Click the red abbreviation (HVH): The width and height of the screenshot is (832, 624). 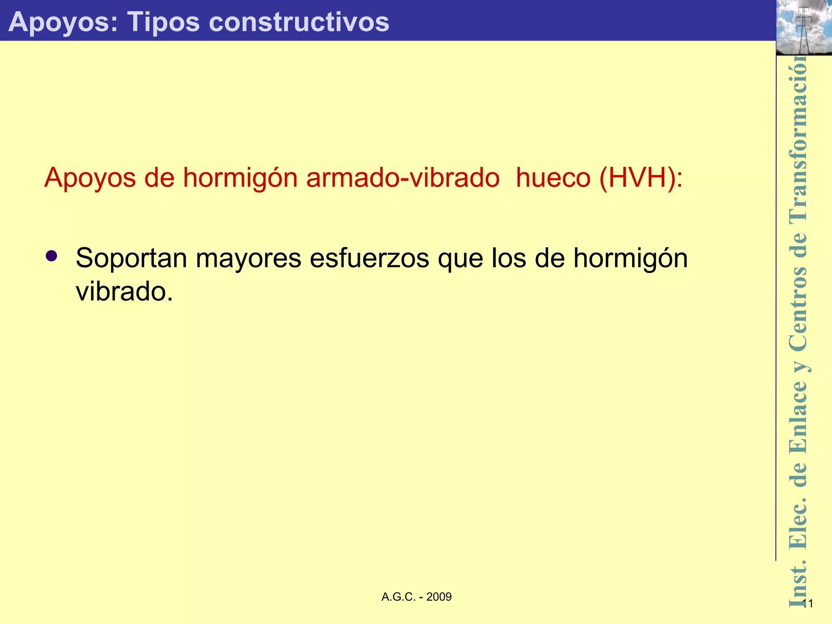[x=641, y=178]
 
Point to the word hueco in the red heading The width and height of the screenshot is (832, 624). [x=553, y=178]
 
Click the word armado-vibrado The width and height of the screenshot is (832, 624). [x=403, y=178]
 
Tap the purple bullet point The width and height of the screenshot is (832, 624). [x=52, y=256]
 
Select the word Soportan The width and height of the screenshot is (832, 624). [x=131, y=258]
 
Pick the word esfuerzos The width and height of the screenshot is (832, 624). [x=369, y=258]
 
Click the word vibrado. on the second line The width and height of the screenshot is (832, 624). [x=124, y=292]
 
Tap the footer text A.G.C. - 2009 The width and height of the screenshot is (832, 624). [x=416, y=597]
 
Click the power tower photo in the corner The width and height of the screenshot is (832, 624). [x=804, y=28]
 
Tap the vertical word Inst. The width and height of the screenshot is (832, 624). [x=798, y=585]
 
